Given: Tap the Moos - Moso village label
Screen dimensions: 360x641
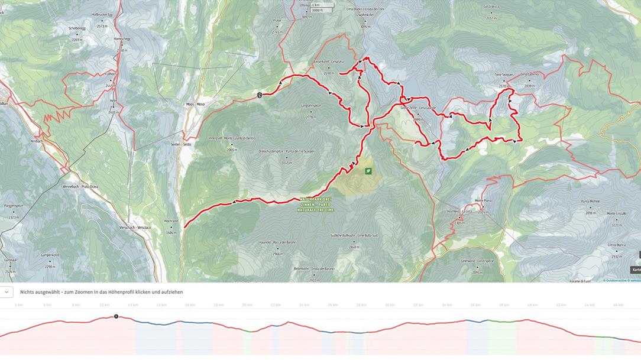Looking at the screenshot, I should (x=195, y=104).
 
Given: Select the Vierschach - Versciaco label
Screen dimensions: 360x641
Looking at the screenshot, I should (x=135, y=227).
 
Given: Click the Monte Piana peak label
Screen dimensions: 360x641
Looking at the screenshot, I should (x=483, y=200).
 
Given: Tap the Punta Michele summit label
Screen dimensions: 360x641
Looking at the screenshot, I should (x=590, y=201).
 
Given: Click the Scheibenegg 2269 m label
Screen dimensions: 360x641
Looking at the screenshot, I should (x=77, y=28).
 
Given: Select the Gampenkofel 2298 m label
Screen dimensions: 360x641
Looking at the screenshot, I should (x=50, y=255).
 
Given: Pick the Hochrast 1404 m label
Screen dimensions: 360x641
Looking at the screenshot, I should (x=171, y=220).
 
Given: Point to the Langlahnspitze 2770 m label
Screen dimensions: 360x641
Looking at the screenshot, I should (x=312, y=105).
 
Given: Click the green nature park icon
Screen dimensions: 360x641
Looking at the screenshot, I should (x=368, y=171).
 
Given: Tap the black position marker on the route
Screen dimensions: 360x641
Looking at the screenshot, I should (x=259, y=95).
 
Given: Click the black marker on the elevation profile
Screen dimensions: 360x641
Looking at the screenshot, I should (x=116, y=316).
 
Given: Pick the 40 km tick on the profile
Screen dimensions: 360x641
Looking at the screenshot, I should (x=532, y=305).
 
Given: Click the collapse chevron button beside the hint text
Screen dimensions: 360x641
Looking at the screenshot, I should (x=6, y=292).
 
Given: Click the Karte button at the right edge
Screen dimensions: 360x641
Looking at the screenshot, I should (x=636, y=270).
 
